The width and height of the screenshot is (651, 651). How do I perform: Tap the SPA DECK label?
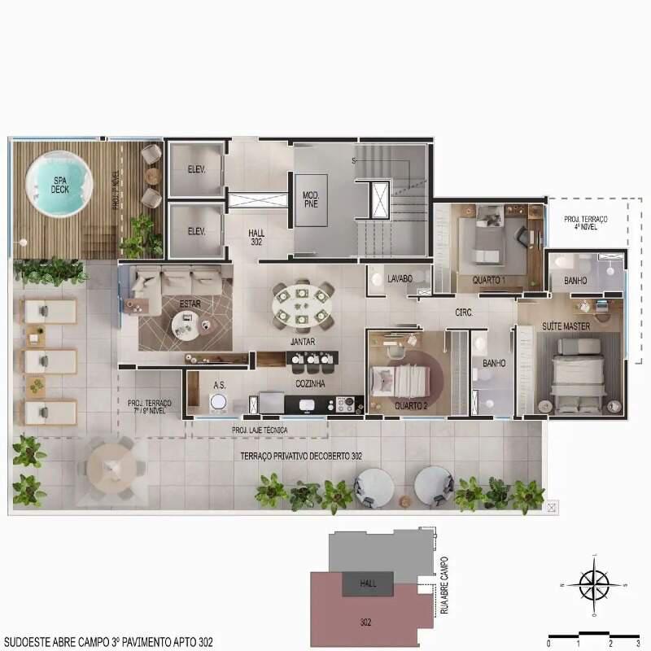tap(59, 185)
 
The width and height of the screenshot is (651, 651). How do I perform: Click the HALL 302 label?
tap(256, 237)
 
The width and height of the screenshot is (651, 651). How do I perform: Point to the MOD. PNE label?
tap(310, 200)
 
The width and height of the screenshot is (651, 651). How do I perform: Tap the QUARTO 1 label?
tap(489, 281)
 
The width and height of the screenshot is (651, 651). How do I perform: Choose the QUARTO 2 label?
tap(411, 405)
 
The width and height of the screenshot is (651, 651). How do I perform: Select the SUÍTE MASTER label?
tap(566, 326)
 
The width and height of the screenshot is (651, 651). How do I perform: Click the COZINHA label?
tap(311, 382)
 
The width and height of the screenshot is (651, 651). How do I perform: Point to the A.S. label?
tap(219, 384)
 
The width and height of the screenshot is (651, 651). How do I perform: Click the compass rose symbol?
tap(594, 583)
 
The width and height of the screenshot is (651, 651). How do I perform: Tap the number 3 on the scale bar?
tap(638, 643)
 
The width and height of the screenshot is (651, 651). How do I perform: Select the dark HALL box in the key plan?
tap(369, 583)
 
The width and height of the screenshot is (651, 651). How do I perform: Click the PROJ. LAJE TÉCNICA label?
tap(259, 430)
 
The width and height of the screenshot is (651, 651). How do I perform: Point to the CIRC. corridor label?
tap(465, 312)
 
